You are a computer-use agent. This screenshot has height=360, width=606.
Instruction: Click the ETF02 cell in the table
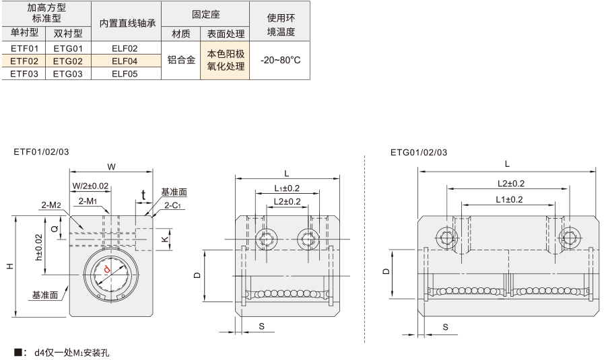tap(24, 61)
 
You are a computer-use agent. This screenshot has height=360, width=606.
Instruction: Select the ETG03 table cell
tap(68, 74)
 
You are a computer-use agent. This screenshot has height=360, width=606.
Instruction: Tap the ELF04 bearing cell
tap(125, 61)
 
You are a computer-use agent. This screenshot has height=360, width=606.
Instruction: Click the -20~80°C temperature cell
tap(280, 61)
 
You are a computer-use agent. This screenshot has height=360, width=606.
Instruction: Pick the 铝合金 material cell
tap(181, 60)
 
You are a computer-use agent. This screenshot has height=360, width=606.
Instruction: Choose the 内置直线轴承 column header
tap(127, 23)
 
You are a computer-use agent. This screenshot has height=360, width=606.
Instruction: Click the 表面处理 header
tap(226, 34)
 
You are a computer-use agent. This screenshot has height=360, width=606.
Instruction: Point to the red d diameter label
tap(107, 270)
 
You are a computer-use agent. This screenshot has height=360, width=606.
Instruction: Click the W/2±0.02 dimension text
tap(90, 186)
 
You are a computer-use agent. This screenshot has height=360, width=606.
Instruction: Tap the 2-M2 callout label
tap(51, 205)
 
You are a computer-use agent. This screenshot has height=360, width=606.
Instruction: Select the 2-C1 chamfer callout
tap(172, 205)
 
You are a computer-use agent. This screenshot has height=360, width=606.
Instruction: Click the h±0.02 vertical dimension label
tap(38, 247)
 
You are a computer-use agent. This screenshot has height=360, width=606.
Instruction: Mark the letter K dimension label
tap(165, 239)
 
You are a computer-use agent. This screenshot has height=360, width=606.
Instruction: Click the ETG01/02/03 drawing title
tap(419, 153)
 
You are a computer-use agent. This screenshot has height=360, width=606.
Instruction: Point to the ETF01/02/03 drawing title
tap(41, 152)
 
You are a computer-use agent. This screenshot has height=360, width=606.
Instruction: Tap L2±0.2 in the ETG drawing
tap(511, 184)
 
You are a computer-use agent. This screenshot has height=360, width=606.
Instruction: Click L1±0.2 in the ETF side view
tap(287, 188)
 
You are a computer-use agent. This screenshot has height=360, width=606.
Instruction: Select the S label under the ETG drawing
tap(445, 327)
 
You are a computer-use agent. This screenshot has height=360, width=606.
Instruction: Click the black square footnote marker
tap(18, 352)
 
